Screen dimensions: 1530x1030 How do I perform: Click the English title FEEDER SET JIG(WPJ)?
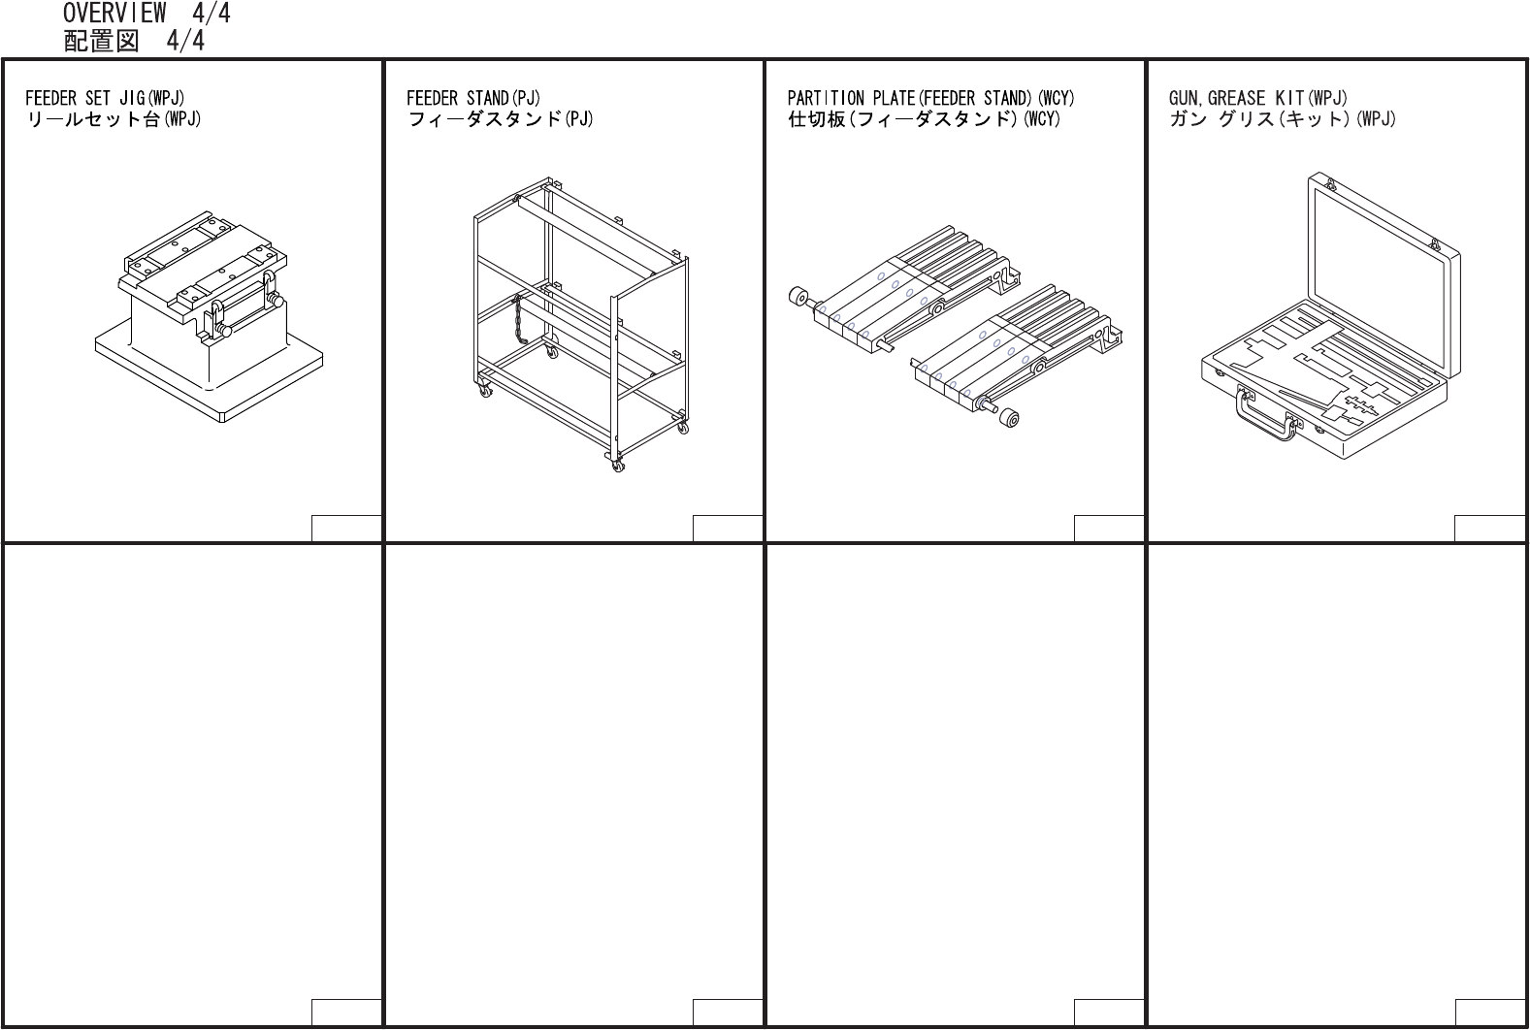(105, 98)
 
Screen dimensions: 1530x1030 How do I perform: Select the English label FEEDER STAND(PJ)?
(472, 98)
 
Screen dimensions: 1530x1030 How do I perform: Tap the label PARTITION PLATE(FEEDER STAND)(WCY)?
(930, 98)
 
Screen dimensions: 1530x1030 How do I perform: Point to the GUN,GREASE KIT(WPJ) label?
(1257, 98)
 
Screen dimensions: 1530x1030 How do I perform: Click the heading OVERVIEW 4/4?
(146, 14)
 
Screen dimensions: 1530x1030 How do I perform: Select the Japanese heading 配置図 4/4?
(134, 41)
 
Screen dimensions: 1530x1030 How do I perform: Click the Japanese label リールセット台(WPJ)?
(113, 119)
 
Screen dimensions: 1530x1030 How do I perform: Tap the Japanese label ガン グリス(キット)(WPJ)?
(1282, 119)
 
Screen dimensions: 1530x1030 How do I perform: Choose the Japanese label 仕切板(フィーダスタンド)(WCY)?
(924, 119)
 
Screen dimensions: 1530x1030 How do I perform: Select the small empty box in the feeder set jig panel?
(346, 529)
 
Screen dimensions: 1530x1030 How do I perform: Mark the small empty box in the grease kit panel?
(1489, 529)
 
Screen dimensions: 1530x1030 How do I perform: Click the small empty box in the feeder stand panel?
(727, 529)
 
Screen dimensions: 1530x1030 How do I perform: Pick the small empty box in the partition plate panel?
(1108, 529)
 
